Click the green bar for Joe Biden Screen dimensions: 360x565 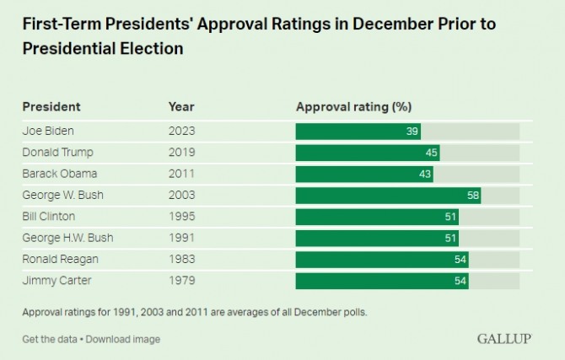[x=358, y=132]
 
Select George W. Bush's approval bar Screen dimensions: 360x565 [x=387, y=196]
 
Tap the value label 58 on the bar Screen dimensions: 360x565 [x=472, y=196]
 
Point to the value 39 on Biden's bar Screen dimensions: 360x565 [x=412, y=132]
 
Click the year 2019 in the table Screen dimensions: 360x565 [x=181, y=153]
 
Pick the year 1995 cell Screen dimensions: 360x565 [x=181, y=217]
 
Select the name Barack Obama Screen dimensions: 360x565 [x=60, y=174]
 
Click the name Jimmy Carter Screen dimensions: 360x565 [x=56, y=281]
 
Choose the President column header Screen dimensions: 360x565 [x=51, y=107]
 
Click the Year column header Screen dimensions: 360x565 [x=181, y=107]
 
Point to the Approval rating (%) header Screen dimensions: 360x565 [x=353, y=107]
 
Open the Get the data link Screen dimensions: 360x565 [x=50, y=339]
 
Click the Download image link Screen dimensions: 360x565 [x=124, y=339]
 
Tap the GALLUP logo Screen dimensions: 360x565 [x=504, y=339]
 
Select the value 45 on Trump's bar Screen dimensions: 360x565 [x=431, y=153]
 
